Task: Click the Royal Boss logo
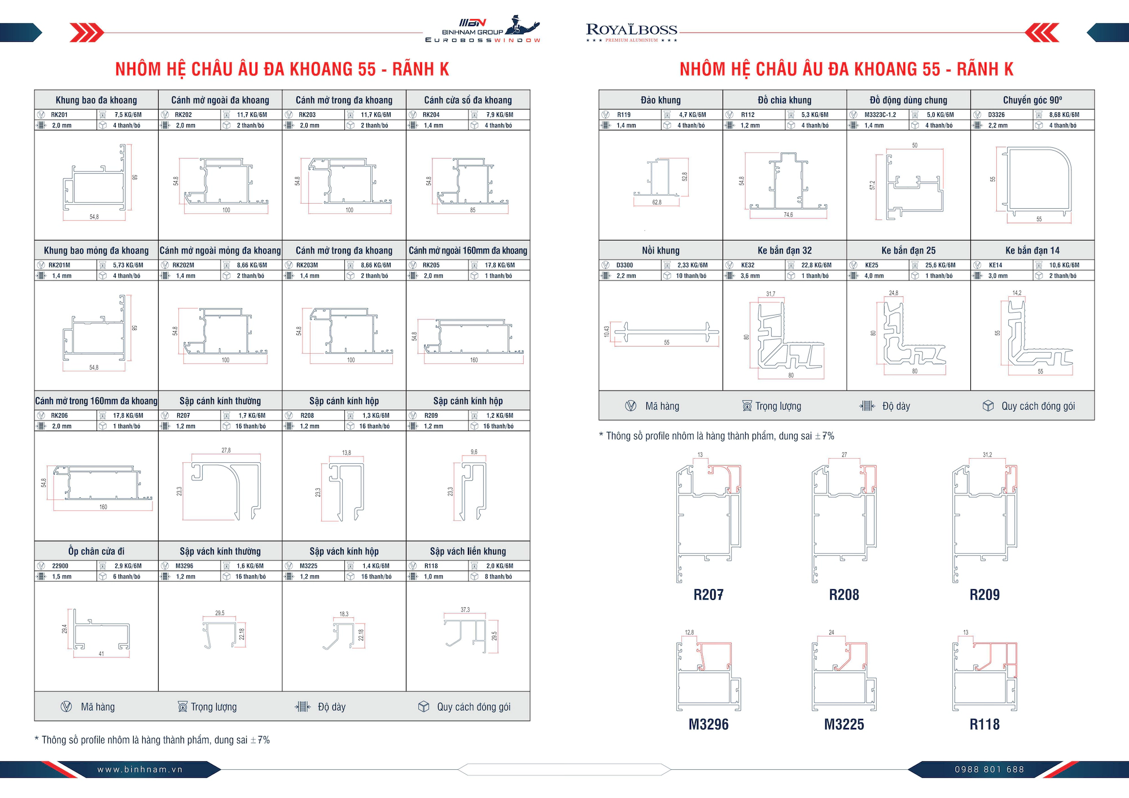point(632,32)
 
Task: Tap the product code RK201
point(59,115)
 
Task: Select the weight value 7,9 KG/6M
point(500,115)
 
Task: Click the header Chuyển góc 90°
point(1032,100)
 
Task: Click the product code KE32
point(747,265)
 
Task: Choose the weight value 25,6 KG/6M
point(940,265)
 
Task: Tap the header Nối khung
point(660,250)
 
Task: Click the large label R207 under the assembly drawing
point(708,595)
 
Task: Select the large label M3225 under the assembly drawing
point(844,725)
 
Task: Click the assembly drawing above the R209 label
point(984,522)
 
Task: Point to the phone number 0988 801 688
point(989,769)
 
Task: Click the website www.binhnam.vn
point(140,769)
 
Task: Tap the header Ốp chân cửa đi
point(96,551)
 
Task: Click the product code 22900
point(60,565)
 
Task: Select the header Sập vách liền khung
point(467,551)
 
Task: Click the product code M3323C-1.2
point(880,115)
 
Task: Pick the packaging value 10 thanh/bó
point(691,276)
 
